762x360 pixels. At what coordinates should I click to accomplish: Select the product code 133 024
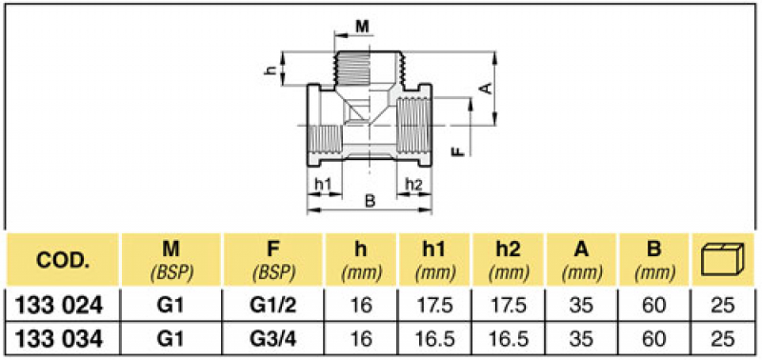(63, 305)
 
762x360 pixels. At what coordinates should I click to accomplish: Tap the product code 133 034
(63, 338)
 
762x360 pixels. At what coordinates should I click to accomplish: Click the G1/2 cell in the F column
(272, 305)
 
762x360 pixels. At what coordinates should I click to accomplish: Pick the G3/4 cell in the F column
(272, 338)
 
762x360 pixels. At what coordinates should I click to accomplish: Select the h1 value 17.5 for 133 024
(434, 305)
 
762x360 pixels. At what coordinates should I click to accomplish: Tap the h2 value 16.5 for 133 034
(508, 338)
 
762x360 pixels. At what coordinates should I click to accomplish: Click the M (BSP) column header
(170, 259)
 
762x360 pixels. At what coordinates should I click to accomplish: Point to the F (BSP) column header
(272, 259)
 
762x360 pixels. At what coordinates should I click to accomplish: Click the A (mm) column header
(581, 259)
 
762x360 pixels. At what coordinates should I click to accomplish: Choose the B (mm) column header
(654, 259)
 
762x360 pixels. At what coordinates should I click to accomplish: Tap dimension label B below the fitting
(370, 200)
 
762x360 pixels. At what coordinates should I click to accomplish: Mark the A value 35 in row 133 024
(581, 305)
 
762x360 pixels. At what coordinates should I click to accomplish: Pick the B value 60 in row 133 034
(654, 338)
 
